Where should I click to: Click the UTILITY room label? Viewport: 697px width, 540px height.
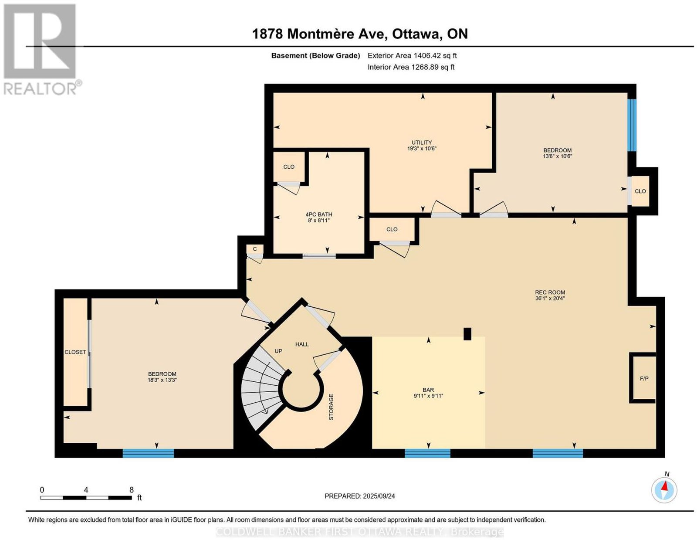click(422, 143)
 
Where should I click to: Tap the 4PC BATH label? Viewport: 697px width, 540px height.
click(318, 214)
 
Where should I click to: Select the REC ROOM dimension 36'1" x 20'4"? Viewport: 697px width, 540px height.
click(550, 298)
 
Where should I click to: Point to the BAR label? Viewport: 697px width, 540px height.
click(428, 390)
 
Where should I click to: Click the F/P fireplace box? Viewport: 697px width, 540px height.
click(643, 378)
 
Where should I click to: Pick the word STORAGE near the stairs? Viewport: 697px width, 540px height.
click(331, 407)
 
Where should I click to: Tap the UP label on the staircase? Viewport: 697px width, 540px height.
click(278, 351)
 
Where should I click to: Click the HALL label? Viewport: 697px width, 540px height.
click(302, 344)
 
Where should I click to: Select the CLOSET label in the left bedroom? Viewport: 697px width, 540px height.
click(75, 352)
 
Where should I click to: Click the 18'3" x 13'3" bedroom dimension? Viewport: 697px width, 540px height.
click(162, 380)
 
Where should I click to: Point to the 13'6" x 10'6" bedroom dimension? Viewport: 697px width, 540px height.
click(558, 156)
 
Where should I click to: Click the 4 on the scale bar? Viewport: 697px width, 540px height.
click(86, 490)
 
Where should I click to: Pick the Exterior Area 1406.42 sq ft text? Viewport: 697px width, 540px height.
click(412, 55)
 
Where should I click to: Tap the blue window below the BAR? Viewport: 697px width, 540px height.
click(427, 453)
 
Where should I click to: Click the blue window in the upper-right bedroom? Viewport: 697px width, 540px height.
click(632, 125)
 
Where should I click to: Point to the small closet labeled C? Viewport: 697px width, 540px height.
click(255, 249)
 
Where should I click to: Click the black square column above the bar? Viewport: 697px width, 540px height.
click(468, 334)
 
